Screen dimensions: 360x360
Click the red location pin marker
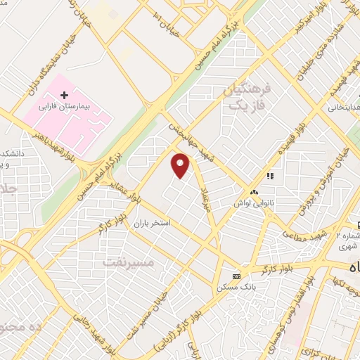click(181, 165)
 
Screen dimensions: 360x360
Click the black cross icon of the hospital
click(64, 94)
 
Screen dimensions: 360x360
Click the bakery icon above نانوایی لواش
click(253, 191)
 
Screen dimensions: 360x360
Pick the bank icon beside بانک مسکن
click(236, 276)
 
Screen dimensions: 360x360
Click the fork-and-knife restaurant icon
click(269, 176)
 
